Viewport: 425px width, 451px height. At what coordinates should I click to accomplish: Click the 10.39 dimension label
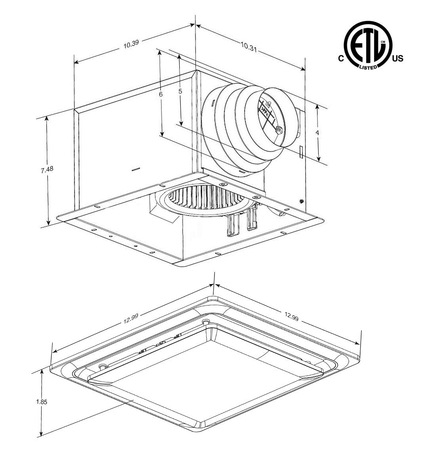click(x=131, y=44)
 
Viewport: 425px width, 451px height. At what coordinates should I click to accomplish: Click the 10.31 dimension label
click(x=248, y=46)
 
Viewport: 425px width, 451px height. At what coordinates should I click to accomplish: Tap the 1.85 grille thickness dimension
click(x=41, y=401)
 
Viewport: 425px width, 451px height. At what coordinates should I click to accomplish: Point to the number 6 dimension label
click(x=161, y=94)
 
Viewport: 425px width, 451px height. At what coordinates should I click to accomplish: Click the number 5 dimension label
click(x=180, y=91)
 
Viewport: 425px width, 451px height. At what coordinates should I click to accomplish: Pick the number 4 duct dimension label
click(x=317, y=133)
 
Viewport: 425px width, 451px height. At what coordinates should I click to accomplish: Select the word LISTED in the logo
click(x=368, y=67)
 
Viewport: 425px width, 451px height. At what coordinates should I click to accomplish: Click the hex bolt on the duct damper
click(x=278, y=130)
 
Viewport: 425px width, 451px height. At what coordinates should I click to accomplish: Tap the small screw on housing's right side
click(x=302, y=201)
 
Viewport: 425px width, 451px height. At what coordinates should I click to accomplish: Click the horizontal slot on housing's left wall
click(x=136, y=169)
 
